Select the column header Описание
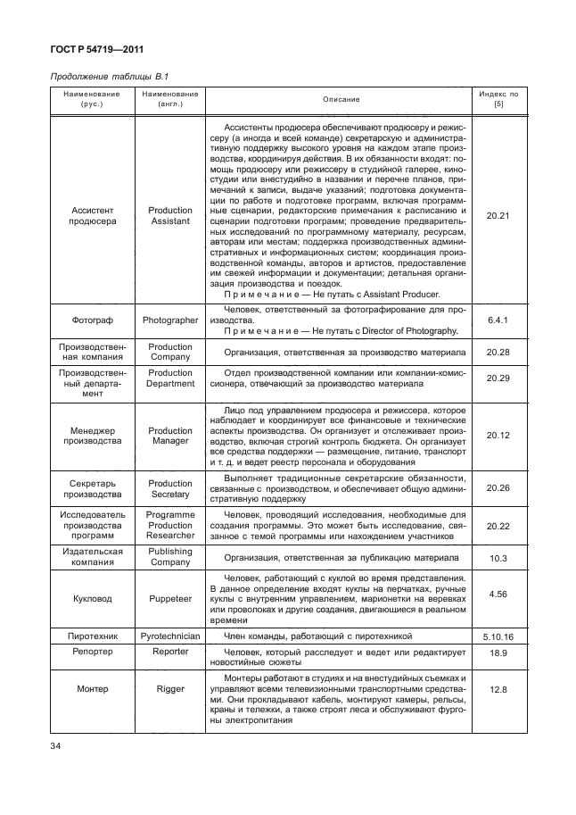click(341, 98)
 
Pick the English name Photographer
click(169, 319)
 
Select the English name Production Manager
click(169, 435)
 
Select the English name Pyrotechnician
click(169, 636)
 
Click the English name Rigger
click(169, 690)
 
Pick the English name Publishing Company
click(169, 557)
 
